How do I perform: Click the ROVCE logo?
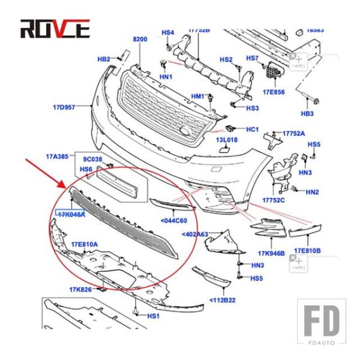click(x=55, y=28)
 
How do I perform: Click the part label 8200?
click(x=140, y=40)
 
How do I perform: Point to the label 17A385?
click(x=57, y=156)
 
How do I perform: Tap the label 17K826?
click(x=79, y=290)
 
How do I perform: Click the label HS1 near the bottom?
click(x=153, y=316)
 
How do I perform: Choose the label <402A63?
click(x=194, y=235)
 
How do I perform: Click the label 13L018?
click(x=227, y=140)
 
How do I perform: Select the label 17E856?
click(x=274, y=93)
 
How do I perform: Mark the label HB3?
click(x=307, y=113)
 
